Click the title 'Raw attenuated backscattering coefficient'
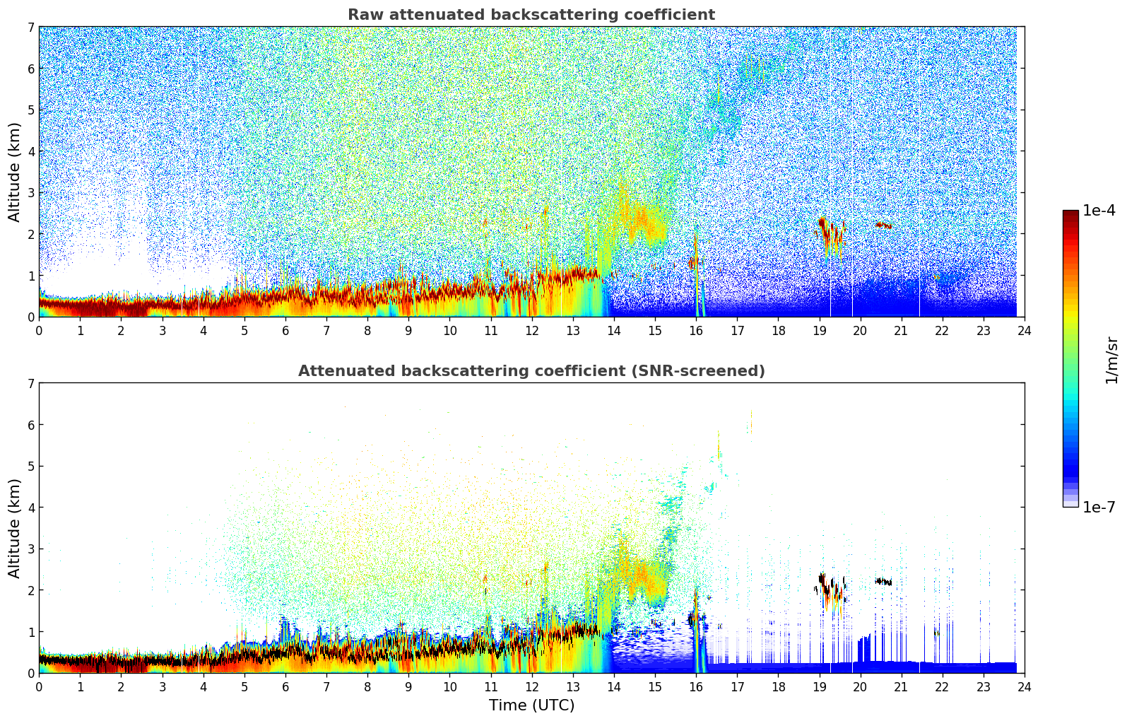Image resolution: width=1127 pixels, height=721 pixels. coord(531,15)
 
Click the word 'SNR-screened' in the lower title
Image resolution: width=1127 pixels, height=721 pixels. coord(708,371)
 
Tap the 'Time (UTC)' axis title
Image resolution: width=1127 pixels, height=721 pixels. coord(531,705)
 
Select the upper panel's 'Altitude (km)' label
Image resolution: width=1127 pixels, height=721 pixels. coord(14,172)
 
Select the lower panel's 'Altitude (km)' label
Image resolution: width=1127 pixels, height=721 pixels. coord(14,528)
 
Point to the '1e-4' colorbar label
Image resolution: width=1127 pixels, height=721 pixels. coord(1099,211)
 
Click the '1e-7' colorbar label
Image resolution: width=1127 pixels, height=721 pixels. coord(1099,508)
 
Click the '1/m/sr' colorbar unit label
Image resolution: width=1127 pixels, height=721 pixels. coord(1111,360)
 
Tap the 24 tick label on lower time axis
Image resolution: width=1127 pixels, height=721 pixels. coord(1024,687)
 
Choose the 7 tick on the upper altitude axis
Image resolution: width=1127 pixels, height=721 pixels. coord(30,28)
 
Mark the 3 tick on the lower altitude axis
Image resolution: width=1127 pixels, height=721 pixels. coord(30,549)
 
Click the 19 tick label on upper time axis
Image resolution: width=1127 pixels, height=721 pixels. coord(819,331)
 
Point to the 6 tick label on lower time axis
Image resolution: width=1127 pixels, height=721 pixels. coord(285,687)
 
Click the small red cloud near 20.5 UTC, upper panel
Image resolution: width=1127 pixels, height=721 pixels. coord(883,225)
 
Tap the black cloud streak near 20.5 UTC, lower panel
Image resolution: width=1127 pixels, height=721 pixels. coord(883,582)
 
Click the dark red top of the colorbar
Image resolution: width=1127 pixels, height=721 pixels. coord(1070,213)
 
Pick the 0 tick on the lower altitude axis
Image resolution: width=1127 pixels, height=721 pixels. coord(30,673)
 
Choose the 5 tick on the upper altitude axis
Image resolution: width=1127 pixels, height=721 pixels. coord(30,110)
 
